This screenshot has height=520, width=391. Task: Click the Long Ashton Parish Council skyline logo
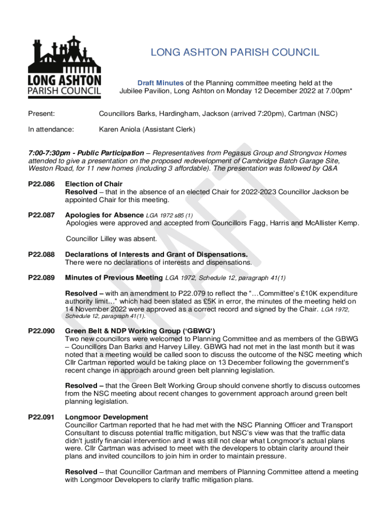click(x=64, y=67)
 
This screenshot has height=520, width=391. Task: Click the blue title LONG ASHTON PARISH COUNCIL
click(x=235, y=52)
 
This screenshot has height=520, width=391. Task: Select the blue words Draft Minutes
click(x=160, y=83)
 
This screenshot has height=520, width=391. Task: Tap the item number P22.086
click(x=41, y=184)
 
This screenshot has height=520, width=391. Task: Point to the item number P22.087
click(x=41, y=215)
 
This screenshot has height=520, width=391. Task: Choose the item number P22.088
click(x=41, y=254)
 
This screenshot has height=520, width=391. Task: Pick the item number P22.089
click(x=41, y=277)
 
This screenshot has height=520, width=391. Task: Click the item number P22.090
click(x=41, y=331)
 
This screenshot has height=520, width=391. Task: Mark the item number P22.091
click(x=41, y=417)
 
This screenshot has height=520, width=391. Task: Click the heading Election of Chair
click(x=94, y=184)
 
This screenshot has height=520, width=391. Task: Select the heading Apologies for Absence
click(x=104, y=215)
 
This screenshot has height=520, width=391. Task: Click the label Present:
click(x=42, y=114)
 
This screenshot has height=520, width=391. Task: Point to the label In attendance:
click(x=51, y=129)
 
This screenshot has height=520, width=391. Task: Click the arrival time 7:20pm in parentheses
click(x=260, y=114)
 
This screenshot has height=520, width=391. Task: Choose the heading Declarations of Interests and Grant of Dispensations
click(x=156, y=254)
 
